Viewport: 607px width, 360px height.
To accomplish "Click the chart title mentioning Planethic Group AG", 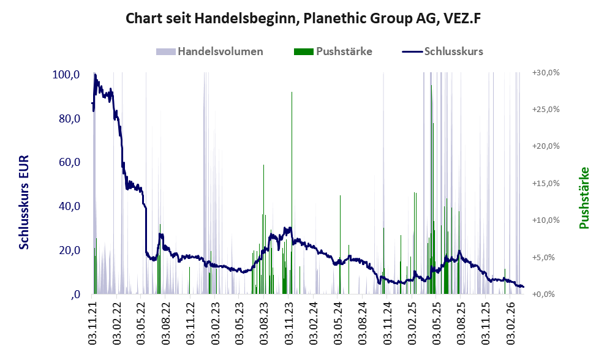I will [303, 18].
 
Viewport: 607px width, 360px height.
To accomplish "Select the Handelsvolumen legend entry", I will [210, 51].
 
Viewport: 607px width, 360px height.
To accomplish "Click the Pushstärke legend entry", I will [333, 51].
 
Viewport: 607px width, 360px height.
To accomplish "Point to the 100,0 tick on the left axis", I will [66, 75].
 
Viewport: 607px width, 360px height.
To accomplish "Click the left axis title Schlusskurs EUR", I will [24, 202].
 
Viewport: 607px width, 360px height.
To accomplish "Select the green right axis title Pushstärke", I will [584, 198].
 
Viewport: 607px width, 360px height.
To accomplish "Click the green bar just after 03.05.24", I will [341, 245].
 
